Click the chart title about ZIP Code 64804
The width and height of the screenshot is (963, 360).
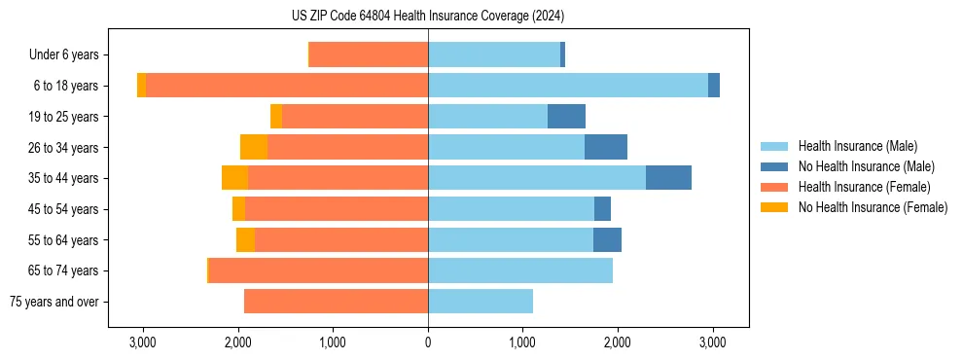(x=427, y=17)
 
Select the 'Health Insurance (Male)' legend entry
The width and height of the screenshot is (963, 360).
(x=856, y=146)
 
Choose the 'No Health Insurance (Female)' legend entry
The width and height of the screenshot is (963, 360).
(x=873, y=207)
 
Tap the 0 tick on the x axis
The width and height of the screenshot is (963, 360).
(x=428, y=342)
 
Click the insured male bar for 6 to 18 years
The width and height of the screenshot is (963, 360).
(x=568, y=86)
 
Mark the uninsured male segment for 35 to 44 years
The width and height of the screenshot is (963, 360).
(x=668, y=178)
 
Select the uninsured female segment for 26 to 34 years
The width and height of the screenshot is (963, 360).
(x=254, y=147)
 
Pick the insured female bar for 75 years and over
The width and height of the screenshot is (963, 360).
(x=336, y=302)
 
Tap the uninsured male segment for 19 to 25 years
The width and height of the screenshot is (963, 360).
(x=566, y=117)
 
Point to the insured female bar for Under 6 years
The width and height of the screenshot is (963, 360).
(x=369, y=54)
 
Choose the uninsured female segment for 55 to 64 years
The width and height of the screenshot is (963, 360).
(x=245, y=239)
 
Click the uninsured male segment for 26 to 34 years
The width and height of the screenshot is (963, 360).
(x=606, y=147)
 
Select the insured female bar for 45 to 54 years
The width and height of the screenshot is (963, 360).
(x=337, y=209)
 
